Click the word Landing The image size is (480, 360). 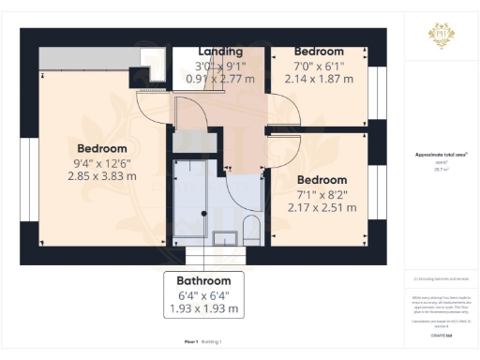click(x=220, y=51)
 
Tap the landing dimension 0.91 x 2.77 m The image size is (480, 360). click(x=220, y=81)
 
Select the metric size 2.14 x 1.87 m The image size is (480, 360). click(x=318, y=81)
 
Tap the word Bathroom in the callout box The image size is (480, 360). click(x=203, y=280)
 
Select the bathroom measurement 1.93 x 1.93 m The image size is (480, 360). click(x=203, y=308)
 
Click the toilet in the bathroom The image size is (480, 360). click(x=250, y=229)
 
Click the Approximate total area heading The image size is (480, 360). click(x=440, y=155)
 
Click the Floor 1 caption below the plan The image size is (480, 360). click(x=192, y=343)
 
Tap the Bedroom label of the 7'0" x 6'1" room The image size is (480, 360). click(x=318, y=51)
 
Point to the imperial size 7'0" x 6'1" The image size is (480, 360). click(x=318, y=67)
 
